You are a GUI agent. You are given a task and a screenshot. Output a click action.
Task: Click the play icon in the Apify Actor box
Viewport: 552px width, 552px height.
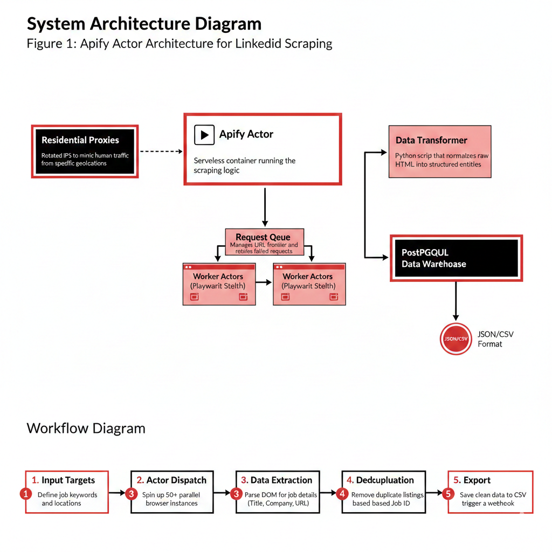[204, 135]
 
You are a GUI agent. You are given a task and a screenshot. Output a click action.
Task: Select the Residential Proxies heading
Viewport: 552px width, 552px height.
[80, 140]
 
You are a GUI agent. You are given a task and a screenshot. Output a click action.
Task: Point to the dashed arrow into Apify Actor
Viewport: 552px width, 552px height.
[161, 151]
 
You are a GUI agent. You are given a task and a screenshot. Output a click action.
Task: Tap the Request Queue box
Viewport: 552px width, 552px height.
[264, 241]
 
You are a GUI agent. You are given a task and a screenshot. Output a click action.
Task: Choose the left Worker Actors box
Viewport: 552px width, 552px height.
[218, 284]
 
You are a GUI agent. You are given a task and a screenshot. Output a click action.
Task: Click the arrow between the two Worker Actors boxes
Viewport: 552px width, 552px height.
[264, 282]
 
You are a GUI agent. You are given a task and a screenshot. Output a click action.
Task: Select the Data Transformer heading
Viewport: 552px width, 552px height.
[431, 140]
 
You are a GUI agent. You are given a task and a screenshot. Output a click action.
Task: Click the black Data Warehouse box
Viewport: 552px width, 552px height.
[456, 258]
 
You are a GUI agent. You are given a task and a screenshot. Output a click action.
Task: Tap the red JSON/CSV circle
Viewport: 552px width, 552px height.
[456, 339]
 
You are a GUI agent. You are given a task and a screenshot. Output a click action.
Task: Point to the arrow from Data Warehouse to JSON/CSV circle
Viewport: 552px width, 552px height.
[456, 302]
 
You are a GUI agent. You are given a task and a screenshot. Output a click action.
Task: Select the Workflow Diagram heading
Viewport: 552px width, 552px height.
[86, 429]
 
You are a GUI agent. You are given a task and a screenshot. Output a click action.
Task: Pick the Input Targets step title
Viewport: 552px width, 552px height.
[68, 480]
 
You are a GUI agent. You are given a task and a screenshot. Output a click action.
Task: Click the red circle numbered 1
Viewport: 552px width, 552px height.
[25, 493]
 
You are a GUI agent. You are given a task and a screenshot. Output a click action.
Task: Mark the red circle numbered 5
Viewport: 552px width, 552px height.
[447, 493]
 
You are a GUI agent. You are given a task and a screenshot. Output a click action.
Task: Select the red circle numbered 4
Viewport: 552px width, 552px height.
[342, 493]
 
